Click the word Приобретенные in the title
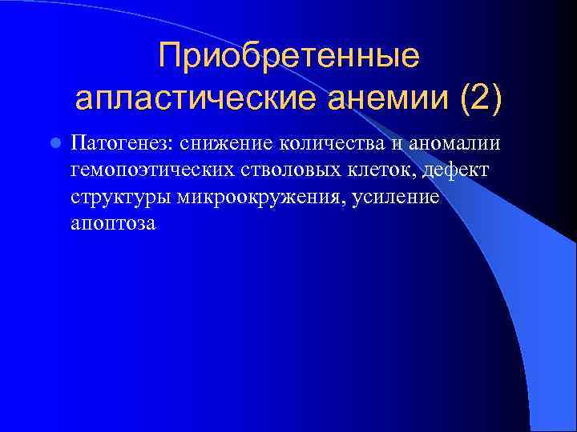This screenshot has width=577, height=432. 288,56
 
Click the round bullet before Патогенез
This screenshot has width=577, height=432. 54,144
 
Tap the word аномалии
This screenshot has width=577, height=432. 454,144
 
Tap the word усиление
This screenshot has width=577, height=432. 396,198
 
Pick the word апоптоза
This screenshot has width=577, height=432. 112,225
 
